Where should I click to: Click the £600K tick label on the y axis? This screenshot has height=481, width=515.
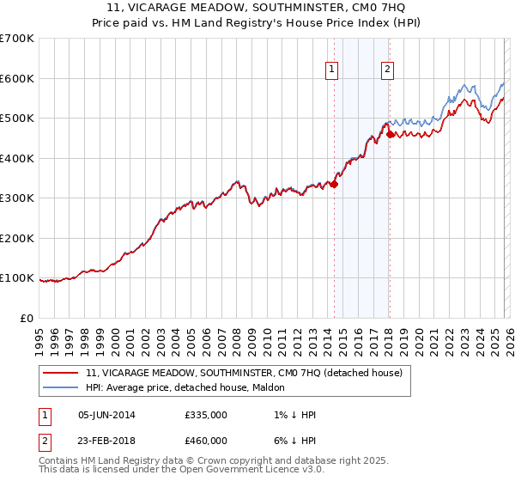click(17, 78)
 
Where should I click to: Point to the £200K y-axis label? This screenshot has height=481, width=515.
click(17, 238)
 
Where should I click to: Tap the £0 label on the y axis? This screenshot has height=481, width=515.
click(27, 318)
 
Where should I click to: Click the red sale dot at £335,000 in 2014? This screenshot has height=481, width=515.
click(335, 184)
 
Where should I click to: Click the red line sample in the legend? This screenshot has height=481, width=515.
click(60, 373)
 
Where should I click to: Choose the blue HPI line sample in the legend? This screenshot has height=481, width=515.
click(60, 387)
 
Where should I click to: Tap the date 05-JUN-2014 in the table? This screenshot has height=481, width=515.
click(106, 415)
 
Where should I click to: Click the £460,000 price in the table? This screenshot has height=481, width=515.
click(206, 440)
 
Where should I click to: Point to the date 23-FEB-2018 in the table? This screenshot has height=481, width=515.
click(106, 440)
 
